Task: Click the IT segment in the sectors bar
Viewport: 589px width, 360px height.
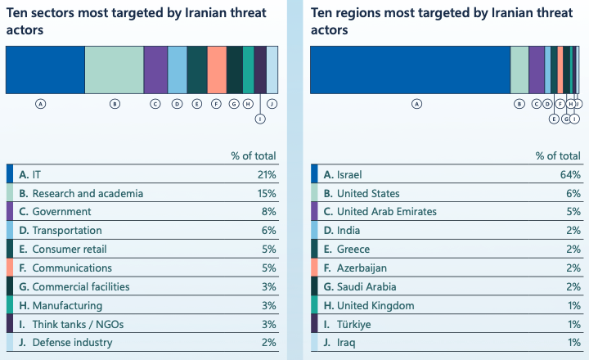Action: pyautogui.click(x=45, y=70)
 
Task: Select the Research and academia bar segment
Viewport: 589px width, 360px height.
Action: pyautogui.click(x=114, y=70)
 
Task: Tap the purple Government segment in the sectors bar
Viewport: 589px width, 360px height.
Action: pyautogui.click(x=155, y=70)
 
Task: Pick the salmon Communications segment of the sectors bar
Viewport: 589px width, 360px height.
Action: pyautogui.click(x=217, y=70)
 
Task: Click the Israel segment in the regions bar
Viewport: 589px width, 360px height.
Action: pyautogui.click(x=410, y=70)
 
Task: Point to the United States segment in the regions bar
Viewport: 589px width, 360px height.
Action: pyautogui.click(x=519, y=70)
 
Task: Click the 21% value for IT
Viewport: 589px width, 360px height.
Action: pyautogui.click(x=267, y=175)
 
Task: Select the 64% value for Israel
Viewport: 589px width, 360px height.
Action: pyautogui.click(x=571, y=175)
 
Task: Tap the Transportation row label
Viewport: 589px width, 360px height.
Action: pyautogui.click(x=66, y=231)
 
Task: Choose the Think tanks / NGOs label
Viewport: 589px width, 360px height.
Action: pyautogui.click(x=72, y=324)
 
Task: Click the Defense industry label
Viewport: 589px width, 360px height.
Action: pyautogui.click(x=72, y=343)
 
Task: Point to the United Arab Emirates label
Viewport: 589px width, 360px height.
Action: pyautogui.click(x=380, y=212)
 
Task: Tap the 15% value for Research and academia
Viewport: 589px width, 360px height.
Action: pyautogui.click(x=267, y=194)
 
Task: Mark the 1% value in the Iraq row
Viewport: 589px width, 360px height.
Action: pyautogui.click(x=573, y=343)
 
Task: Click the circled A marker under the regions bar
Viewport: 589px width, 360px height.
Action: pyautogui.click(x=416, y=104)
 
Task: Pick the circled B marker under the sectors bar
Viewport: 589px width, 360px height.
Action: pyautogui.click(x=115, y=104)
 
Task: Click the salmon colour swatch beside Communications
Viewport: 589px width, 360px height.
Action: pyautogui.click(x=10, y=268)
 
